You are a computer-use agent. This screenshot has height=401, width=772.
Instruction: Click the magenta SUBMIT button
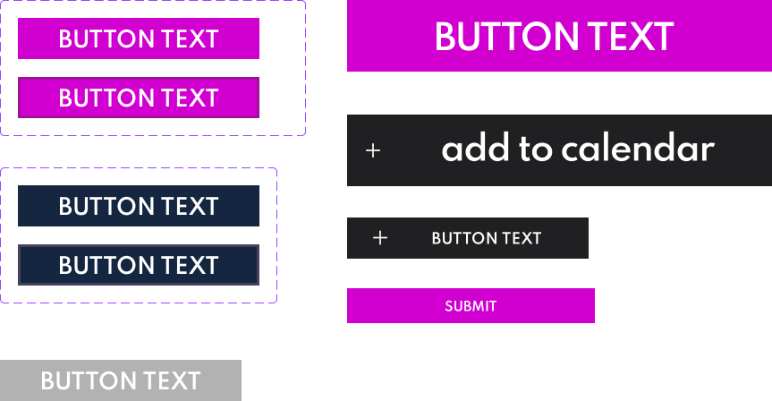pos(471,305)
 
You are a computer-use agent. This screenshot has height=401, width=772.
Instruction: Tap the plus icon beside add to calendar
pos(373,150)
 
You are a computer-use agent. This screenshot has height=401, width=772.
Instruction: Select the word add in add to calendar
pos(475,149)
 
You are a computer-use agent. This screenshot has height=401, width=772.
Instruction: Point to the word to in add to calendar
pos(536,149)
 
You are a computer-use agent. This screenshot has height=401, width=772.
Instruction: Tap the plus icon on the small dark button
pos(380,238)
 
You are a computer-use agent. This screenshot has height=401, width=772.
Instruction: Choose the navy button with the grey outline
pos(139,265)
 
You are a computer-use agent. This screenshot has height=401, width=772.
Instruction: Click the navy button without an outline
pos(139,206)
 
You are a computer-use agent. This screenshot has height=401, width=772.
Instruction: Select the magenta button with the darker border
pos(139,98)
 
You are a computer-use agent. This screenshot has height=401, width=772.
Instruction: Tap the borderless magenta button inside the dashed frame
pos(139,38)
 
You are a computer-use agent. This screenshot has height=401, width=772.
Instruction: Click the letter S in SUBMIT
pos(448,306)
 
